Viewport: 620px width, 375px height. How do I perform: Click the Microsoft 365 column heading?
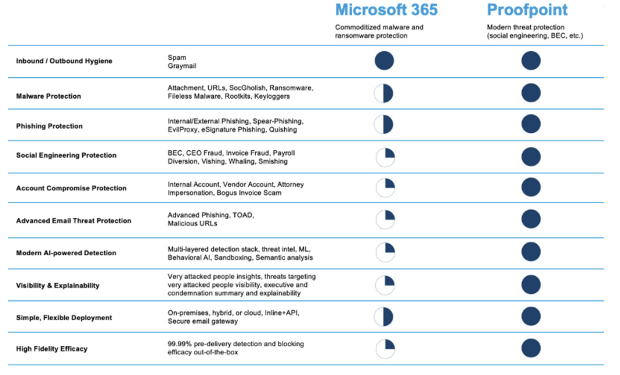click(386, 10)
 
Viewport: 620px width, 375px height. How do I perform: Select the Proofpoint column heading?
click(527, 10)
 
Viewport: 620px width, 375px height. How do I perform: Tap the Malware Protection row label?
click(49, 96)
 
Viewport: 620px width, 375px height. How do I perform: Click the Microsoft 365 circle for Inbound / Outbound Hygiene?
click(384, 61)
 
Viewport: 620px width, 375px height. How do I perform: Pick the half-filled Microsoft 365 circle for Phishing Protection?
click(383, 125)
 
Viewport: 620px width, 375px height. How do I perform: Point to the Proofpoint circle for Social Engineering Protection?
click(531, 156)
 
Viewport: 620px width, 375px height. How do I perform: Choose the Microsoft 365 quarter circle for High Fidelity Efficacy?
click(385, 349)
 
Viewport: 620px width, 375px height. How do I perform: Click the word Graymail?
click(182, 66)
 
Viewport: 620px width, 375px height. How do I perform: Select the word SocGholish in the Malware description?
click(247, 88)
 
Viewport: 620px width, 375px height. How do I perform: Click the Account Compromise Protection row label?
click(71, 188)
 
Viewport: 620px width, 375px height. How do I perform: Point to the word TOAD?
click(244, 215)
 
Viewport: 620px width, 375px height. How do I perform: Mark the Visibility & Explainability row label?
click(58, 286)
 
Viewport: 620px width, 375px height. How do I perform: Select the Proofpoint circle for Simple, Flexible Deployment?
click(531, 316)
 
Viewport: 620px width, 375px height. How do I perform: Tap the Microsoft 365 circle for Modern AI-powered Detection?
click(385, 252)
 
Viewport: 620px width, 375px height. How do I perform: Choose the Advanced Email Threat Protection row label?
click(73, 221)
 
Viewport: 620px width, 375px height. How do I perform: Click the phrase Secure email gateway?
click(202, 321)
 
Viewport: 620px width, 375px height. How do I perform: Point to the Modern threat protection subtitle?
click(526, 27)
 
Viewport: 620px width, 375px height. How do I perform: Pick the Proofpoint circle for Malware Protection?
click(531, 93)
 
